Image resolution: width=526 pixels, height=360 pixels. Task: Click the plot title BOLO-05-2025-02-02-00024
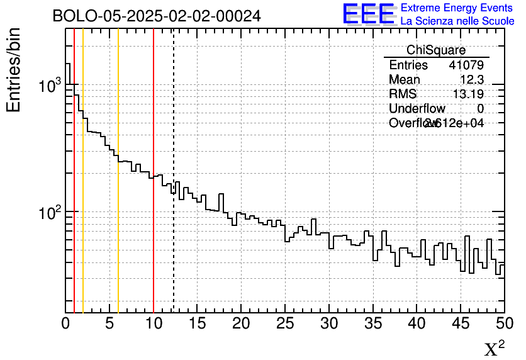pos(157,16)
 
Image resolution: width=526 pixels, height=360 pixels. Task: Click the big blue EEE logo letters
pos(369,14)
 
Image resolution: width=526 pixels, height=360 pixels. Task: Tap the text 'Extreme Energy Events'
pos(457,8)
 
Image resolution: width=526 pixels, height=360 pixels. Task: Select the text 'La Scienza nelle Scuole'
pos(457,21)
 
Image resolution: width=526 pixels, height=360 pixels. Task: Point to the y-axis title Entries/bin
pos(14,70)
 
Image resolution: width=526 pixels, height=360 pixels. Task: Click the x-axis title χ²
pos(494,349)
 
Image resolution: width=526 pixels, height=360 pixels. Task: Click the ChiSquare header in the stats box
pos(436,50)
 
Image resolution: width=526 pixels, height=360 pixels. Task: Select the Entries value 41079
pos(466,65)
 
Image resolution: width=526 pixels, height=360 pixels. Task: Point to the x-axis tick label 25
pos(285,324)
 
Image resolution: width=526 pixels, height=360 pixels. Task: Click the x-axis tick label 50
pos(503,324)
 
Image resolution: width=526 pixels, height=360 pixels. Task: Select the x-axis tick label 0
pos(66,324)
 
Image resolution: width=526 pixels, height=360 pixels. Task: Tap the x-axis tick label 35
pos(372,324)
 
